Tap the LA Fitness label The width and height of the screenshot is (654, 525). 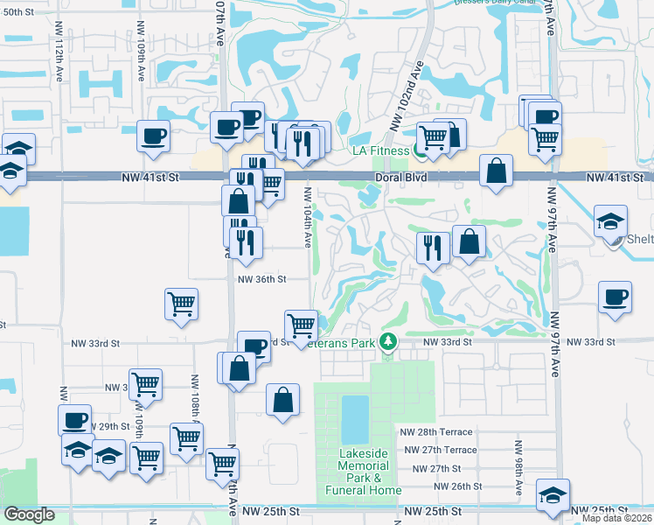point(380,150)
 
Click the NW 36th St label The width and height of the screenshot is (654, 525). point(262,280)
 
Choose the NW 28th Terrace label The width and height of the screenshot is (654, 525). point(436,432)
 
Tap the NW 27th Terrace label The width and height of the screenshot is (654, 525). point(441,450)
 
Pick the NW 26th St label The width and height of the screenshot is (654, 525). point(455,486)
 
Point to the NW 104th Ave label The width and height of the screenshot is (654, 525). point(308,214)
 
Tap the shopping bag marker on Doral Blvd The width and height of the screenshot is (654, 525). point(496,170)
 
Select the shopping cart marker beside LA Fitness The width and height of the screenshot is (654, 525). point(432,136)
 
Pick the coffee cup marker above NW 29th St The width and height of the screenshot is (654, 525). point(74,420)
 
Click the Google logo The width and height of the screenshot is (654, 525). point(29,515)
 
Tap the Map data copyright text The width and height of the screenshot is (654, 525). point(617,518)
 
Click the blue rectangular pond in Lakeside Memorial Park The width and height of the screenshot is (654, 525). point(354,420)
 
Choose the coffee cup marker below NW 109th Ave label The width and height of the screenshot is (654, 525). point(153,136)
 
